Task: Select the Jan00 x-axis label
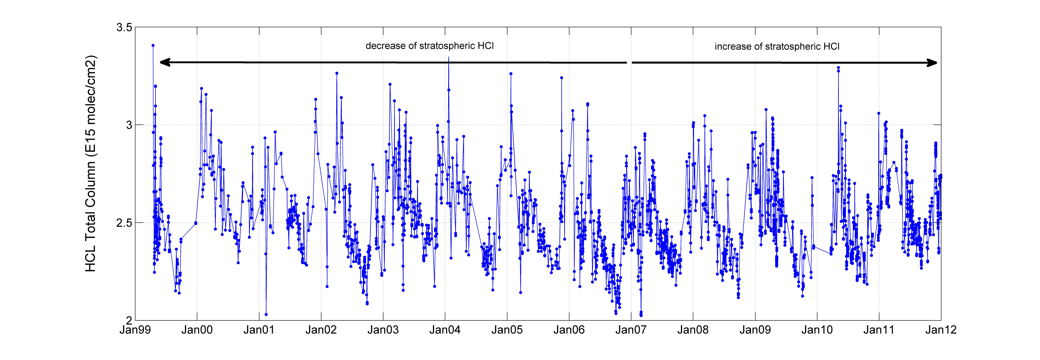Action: click(197, 330)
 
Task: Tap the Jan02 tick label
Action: click(321, 330)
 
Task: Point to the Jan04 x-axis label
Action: click(445, 330)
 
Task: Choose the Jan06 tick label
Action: click(569, 330)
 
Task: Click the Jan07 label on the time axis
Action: click(631, 330)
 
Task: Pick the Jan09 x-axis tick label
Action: click(755, 330)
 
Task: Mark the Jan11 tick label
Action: click(879, 330)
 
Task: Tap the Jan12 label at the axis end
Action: click(941, 330)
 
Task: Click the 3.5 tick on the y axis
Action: click(124, 27)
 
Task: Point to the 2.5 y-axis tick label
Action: click(124, 223)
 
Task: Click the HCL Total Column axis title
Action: click(91, 163)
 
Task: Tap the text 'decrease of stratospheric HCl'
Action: click(430, 46)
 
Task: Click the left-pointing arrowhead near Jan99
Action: click(166, 62)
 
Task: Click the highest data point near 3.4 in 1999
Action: click(153, 46)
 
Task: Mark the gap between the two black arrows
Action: click(629, 63)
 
